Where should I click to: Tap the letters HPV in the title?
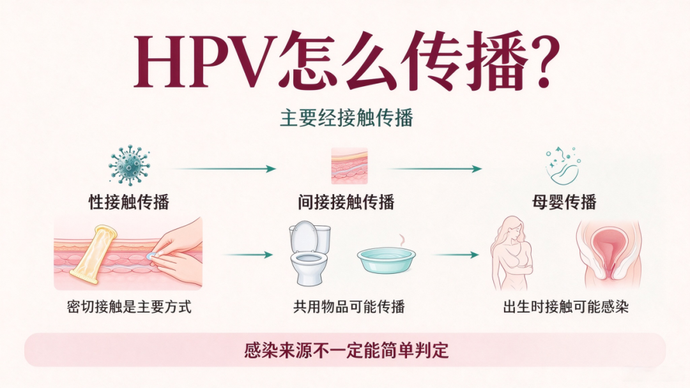click(x=203, y=61)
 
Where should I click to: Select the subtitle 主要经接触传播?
click(x=346, y=118)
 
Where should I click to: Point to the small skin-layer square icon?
click(x=349, y=166)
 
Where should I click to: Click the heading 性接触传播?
click(x=129, y=202)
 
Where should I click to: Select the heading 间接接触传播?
click(x=346, y=202)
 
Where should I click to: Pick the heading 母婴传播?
click(x=564, y=202)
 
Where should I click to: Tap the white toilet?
click(x=309, y=253)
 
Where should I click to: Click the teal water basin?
click(x=386, y=260)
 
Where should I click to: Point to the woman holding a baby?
click(x=512, y=253)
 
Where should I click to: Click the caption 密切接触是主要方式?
click(x=129, y=307)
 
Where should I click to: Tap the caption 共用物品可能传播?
click(x=349, y=307)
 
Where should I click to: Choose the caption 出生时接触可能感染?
click(x=566, y=307)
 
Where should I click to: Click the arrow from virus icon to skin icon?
click(x=224, y=168)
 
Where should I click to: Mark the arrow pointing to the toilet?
click(x=247, y=255)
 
